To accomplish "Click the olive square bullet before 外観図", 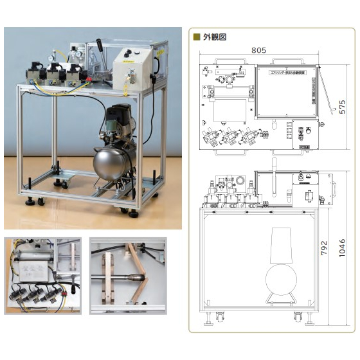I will (x=197, y=37).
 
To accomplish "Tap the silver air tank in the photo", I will (x=114, y=164).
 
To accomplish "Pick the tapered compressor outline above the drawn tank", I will (x=280, y=244).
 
